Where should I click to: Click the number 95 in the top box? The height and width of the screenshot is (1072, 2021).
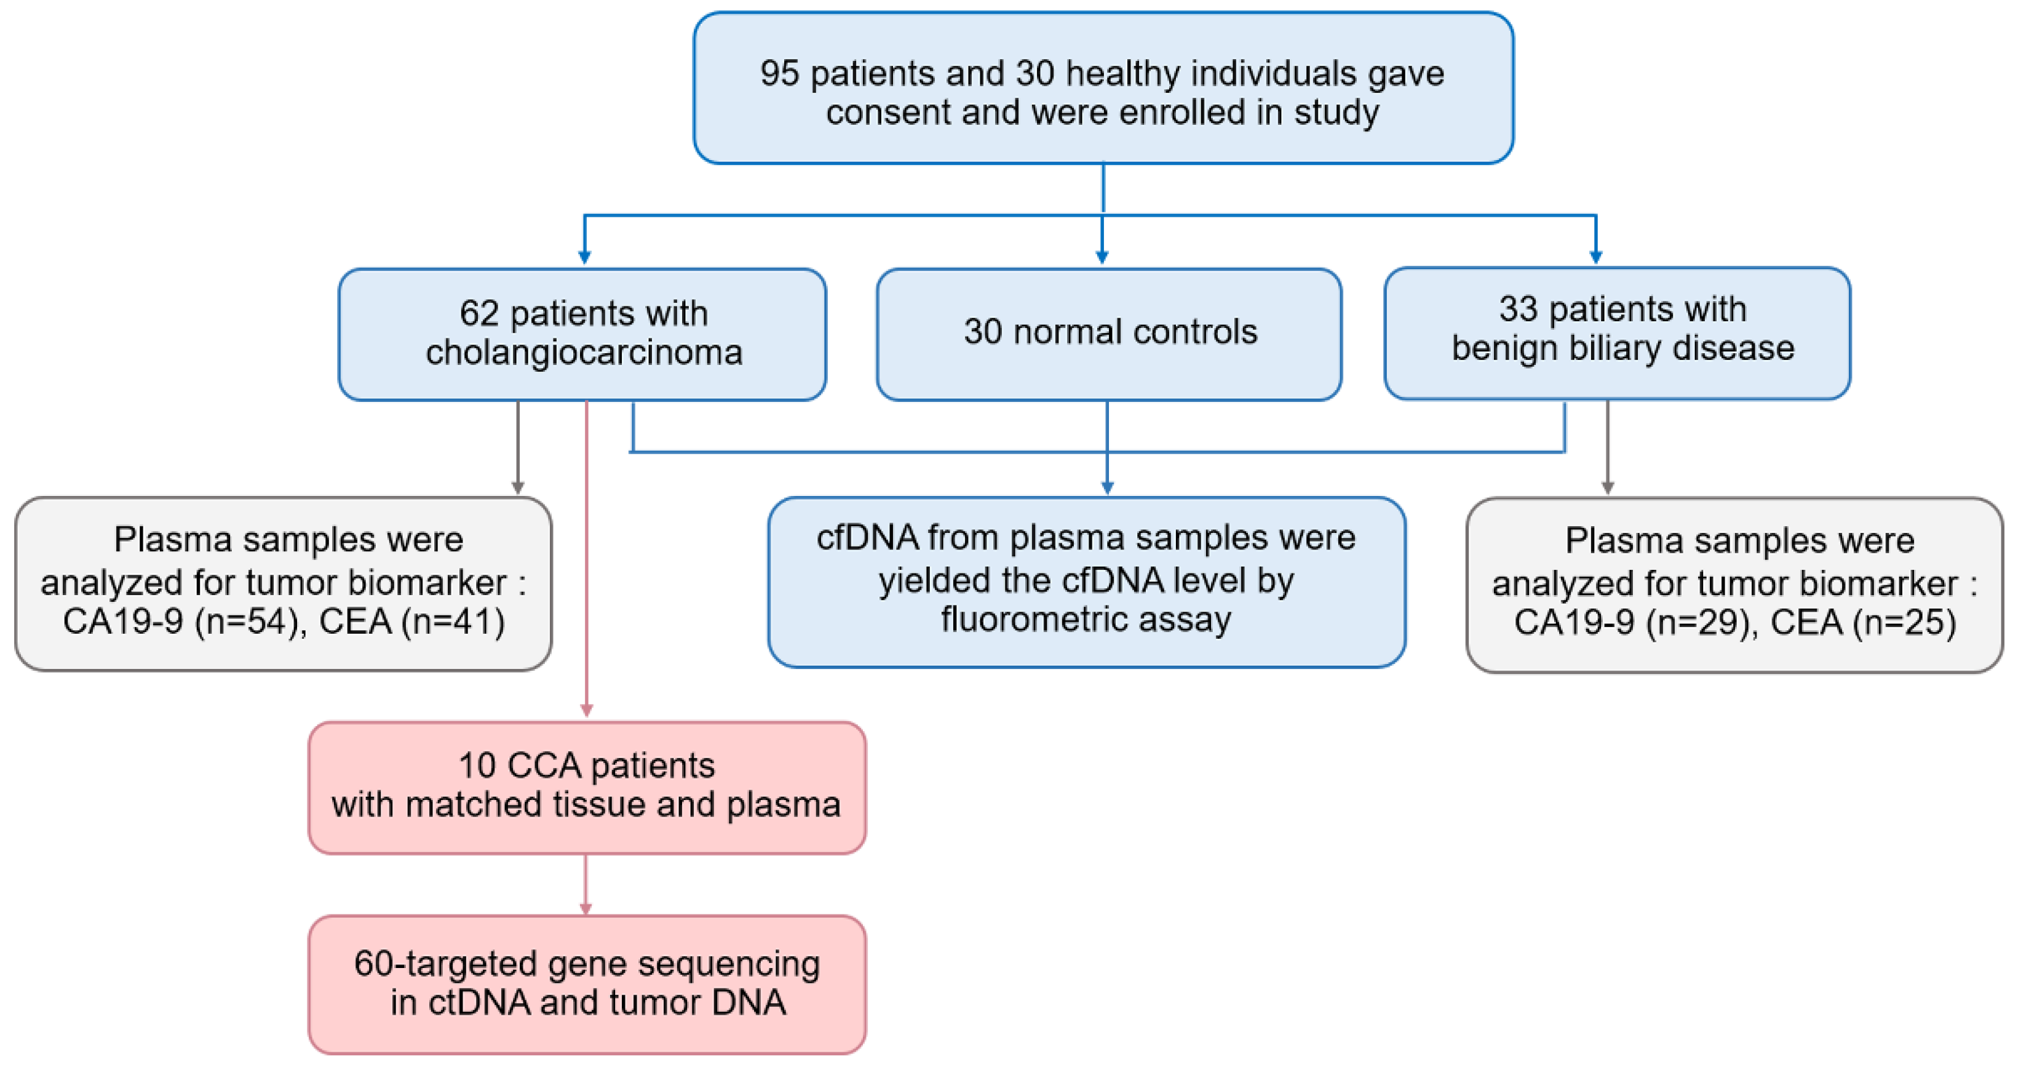tap(779, 74)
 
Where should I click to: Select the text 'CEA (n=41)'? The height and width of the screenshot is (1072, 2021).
tap(412, 622)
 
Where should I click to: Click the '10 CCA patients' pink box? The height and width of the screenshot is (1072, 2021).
tap(587, 787)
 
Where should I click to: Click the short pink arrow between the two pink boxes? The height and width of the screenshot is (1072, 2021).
tap(586, 885)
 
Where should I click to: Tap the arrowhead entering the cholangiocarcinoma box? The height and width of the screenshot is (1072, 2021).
tap(584, 256)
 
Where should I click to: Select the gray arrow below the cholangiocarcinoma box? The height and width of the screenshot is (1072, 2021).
tap(517, 447)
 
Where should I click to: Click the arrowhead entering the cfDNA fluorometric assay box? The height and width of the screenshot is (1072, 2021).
tap(1107, 487)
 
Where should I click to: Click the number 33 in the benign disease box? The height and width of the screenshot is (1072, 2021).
tap(1517, 309)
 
